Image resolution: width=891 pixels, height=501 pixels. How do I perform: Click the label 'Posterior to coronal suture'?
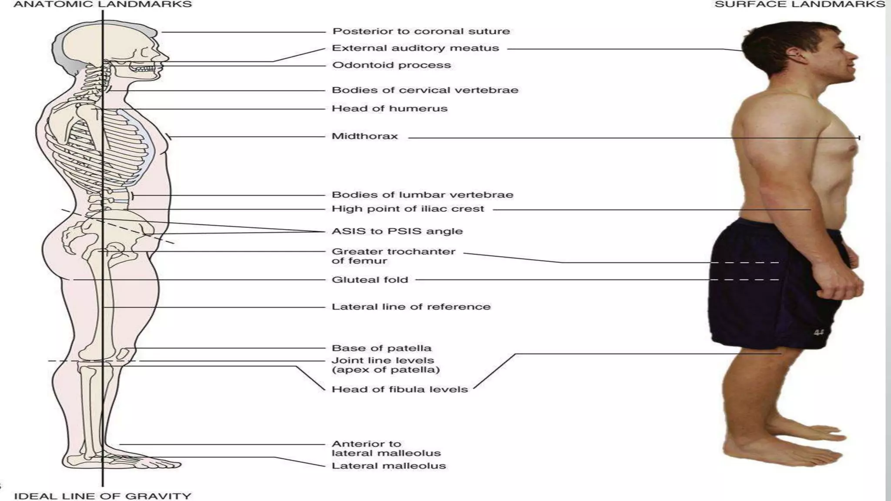(421, 31)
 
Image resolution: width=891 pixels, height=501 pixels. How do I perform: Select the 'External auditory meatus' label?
(415, 48)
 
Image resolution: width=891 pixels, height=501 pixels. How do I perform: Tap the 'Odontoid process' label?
(391, 65)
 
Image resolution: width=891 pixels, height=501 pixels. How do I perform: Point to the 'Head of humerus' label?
(389, 109)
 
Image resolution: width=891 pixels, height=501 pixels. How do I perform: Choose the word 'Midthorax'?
(365, 137)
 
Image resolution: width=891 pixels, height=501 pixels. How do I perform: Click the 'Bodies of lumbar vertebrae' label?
(422, 195)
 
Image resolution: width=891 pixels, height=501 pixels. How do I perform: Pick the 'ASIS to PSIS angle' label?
(397, 231)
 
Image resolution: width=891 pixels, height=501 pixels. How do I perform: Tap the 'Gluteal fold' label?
(370, 280)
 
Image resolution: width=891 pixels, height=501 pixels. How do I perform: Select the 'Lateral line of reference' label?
(411, 307)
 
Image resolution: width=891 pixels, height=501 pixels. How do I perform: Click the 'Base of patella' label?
(381, 348)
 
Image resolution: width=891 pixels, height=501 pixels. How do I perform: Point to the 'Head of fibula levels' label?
(399, 389)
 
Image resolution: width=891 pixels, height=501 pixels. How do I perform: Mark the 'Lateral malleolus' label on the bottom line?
(389, 466)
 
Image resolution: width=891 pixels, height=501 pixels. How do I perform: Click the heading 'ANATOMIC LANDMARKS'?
(103, 5)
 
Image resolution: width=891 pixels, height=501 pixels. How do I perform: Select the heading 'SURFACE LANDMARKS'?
(800, 5)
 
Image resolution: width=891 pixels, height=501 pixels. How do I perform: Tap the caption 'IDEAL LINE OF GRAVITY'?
(103, 496)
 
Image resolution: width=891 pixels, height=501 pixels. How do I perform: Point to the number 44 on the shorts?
(819, 333)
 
